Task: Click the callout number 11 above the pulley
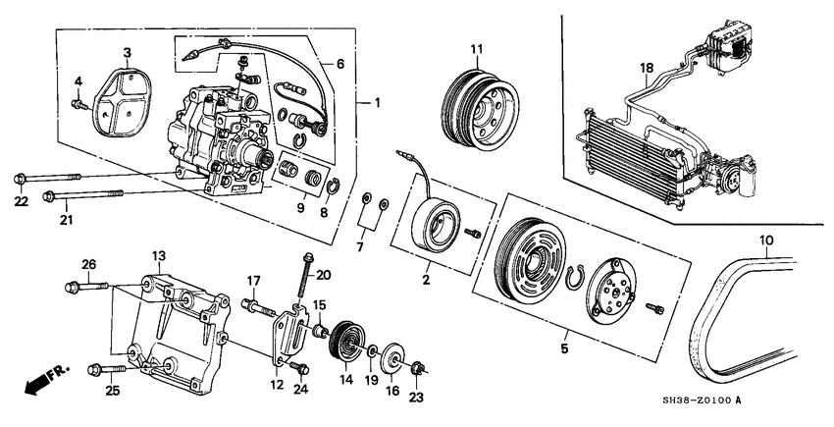[476, 49]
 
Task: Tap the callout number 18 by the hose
[646, 67]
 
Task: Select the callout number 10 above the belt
[766, 240]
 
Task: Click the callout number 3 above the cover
[128, 52]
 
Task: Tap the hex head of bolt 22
[20, 179]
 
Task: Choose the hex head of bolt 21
[48, 196]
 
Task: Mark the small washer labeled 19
[372, 351]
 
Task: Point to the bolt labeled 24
[300, 368]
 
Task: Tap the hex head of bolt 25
[96, 369]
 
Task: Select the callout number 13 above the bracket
[160, 256]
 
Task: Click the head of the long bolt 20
[308, 257]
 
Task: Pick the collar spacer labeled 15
[321, 331]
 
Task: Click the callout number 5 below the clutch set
[564, 348]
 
